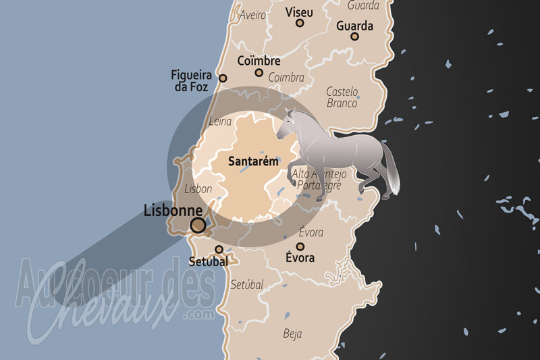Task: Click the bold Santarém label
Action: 253,162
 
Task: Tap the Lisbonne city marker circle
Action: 198,226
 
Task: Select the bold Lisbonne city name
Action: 174,211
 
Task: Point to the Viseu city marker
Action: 300,24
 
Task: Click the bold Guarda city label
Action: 354,26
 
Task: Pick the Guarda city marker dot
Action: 354,36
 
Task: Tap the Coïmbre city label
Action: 259,61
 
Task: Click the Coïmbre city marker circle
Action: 259,72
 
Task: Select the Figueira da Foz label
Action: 192,81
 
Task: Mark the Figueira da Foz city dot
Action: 223,78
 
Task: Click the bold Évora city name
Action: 300,258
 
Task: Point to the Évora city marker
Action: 300,247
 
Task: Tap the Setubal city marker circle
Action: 219,249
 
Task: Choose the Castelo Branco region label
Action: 342,97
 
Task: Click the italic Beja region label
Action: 293,334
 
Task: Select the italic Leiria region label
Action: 221,122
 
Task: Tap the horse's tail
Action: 391,172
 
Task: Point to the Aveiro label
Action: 252,15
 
